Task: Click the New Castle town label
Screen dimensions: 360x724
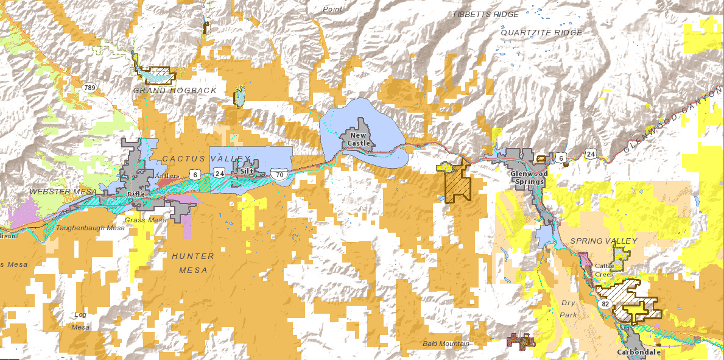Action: (x=358, y=139)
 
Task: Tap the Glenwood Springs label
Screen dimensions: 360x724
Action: (x=529, y=177)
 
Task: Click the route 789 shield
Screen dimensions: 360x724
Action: (x=90, y=88)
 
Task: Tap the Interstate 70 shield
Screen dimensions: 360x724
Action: (x=279, y=174)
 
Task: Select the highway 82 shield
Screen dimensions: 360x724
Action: (x=605, y=303)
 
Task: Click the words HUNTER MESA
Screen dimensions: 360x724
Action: (x=193, y=263)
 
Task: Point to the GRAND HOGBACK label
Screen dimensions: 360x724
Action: (x=175, y=91)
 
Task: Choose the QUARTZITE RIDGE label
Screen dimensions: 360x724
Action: (x=541, y=32)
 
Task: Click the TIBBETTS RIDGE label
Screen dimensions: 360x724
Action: (x=485, y=14)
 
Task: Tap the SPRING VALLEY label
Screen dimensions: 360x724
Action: (x=603, y=241)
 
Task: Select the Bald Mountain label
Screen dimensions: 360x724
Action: (x=446, y=344)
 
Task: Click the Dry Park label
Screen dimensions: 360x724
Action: (x=568, y=308)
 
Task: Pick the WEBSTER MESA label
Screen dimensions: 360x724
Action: (x=63, y=192)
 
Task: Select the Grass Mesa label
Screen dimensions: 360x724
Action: (x=145, y=219)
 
